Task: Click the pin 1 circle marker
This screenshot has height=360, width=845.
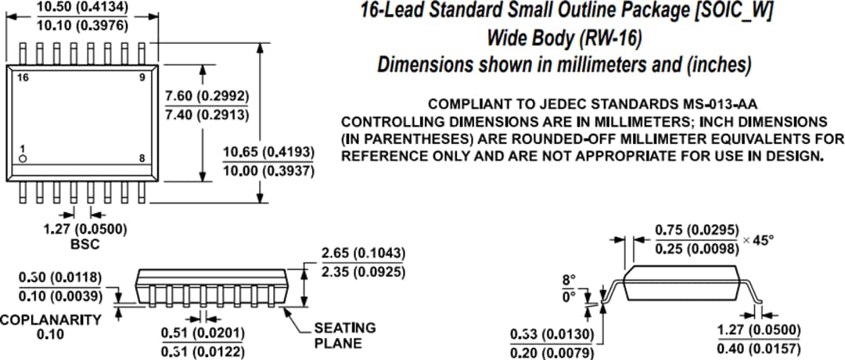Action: pos(23,158)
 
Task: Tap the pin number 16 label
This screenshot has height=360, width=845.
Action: pos(23,78)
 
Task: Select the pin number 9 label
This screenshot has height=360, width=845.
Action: pos(142,78)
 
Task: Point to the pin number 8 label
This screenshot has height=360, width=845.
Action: pos(142,158)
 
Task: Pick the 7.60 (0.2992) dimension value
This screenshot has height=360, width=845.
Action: pos(207,97)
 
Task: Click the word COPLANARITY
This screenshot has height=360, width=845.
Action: pos(51,319)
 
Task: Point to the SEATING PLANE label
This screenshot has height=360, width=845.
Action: pos(344,335)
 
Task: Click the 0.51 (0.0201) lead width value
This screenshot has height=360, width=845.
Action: pos(203,333)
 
